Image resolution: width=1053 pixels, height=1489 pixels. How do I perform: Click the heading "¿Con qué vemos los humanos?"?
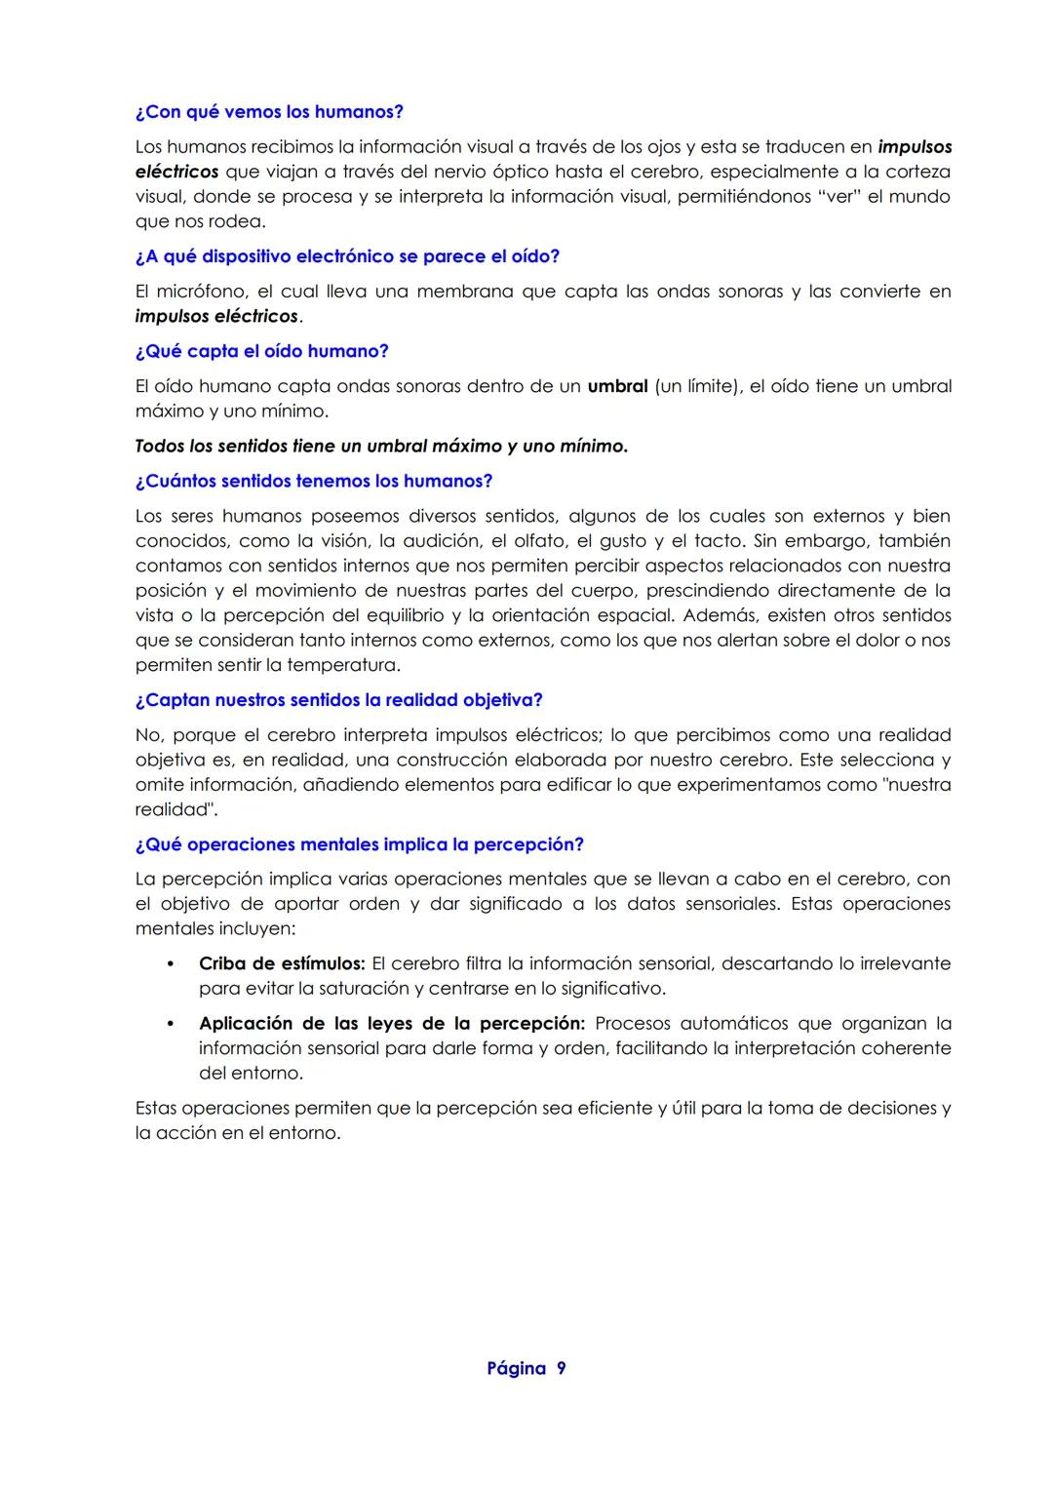coord(269,112)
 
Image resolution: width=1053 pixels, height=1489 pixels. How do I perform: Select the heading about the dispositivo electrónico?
coord(347,256)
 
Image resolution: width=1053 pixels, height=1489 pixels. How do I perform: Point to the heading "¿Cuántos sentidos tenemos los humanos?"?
coord(314,482)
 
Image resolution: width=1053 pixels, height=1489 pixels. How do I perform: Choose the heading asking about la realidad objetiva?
coord(338,700)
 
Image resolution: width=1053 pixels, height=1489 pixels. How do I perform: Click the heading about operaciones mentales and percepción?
coord(359,844)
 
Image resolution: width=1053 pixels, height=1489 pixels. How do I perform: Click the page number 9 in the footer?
coord(561,1369)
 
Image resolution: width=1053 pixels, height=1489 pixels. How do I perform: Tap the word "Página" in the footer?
coord(517,1369)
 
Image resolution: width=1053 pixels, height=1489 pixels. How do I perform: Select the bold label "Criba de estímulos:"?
coord(282,963)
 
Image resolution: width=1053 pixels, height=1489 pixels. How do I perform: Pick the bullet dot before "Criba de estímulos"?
coord(171,963)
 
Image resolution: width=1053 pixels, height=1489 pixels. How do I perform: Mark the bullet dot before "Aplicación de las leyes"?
coord(171,1024)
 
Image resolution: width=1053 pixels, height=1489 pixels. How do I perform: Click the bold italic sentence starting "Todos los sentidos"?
coord(381,447)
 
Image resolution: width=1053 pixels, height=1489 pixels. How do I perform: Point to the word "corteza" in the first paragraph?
coord(917,172)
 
